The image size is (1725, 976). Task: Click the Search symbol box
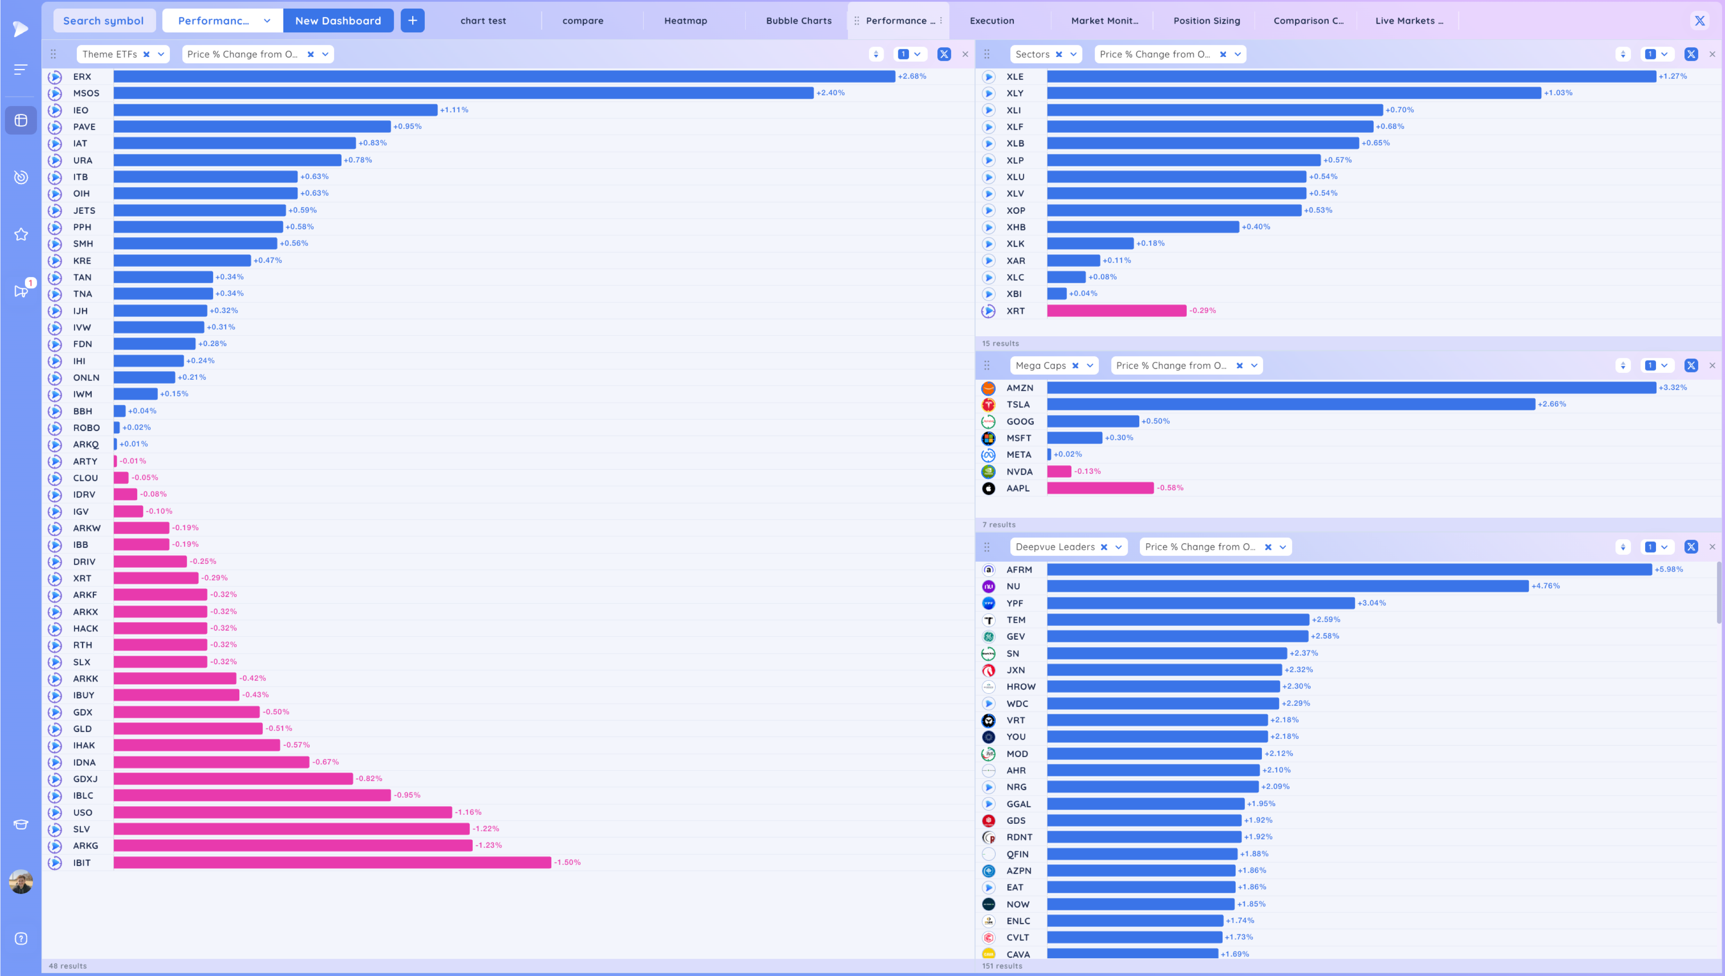103,21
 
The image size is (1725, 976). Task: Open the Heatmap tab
685,21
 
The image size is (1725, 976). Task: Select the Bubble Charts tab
799,21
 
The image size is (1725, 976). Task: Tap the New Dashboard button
338,21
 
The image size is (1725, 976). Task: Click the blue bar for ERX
504,76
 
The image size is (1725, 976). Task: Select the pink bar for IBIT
332,863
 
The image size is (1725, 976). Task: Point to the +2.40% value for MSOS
830,93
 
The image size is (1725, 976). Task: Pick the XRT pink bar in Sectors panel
1116,311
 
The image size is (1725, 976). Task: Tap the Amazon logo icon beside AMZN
988,388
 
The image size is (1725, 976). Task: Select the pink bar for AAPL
1100,488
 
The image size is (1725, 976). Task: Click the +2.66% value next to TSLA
1551,404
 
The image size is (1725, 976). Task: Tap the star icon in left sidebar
21,234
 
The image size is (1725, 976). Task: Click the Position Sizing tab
1206,21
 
